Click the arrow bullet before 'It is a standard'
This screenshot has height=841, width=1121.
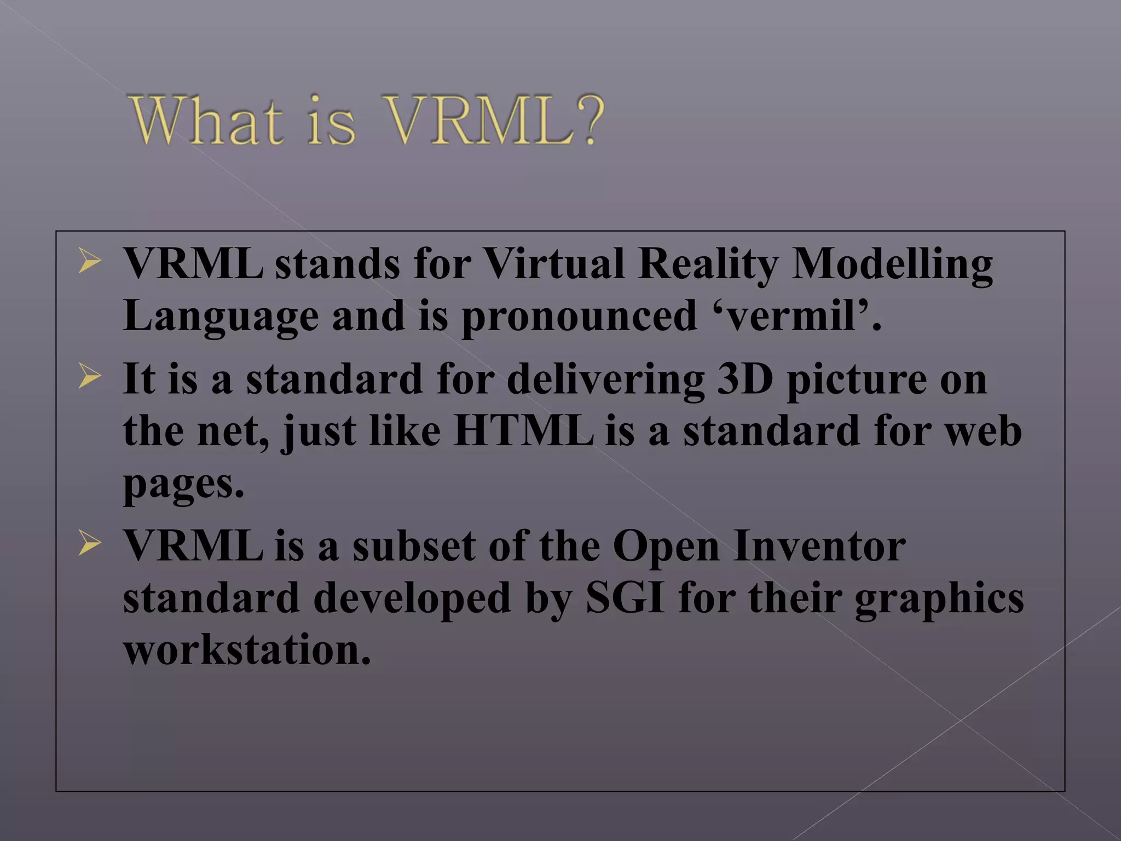89,376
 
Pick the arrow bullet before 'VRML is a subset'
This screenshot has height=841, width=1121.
89,543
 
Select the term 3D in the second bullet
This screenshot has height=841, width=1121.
745,379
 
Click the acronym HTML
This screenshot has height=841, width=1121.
523,431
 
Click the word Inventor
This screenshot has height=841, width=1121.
819,546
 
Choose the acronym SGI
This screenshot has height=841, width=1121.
625,598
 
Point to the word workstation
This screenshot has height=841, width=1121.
247,650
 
